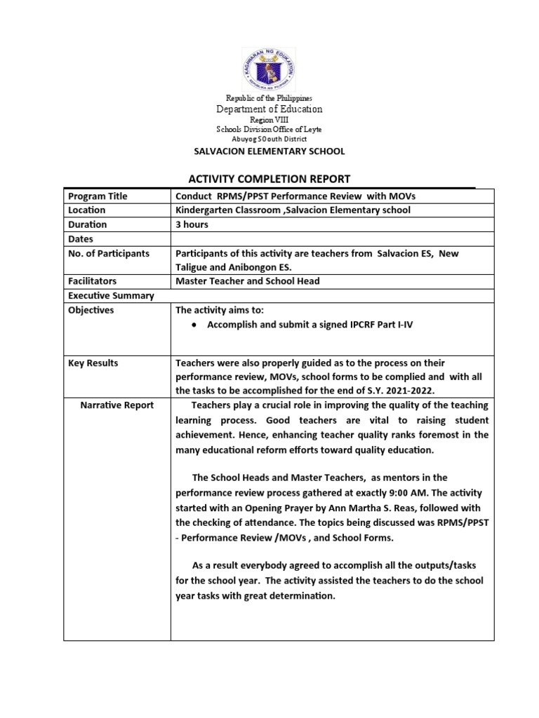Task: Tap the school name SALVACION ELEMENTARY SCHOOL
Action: click(269, 151)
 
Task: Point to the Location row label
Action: click(87, 210)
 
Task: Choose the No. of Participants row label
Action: click(108, 253)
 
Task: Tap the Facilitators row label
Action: click(93, 282)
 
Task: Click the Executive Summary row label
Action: click(111, 296)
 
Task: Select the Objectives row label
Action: click(91, 310)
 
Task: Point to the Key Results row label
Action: click(93, 363)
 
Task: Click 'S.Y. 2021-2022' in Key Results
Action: click(389, 390)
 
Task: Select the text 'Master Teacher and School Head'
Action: click(247, 282)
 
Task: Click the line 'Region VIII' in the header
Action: click(269, 120)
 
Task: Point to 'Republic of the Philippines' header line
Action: click(269, 97)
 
